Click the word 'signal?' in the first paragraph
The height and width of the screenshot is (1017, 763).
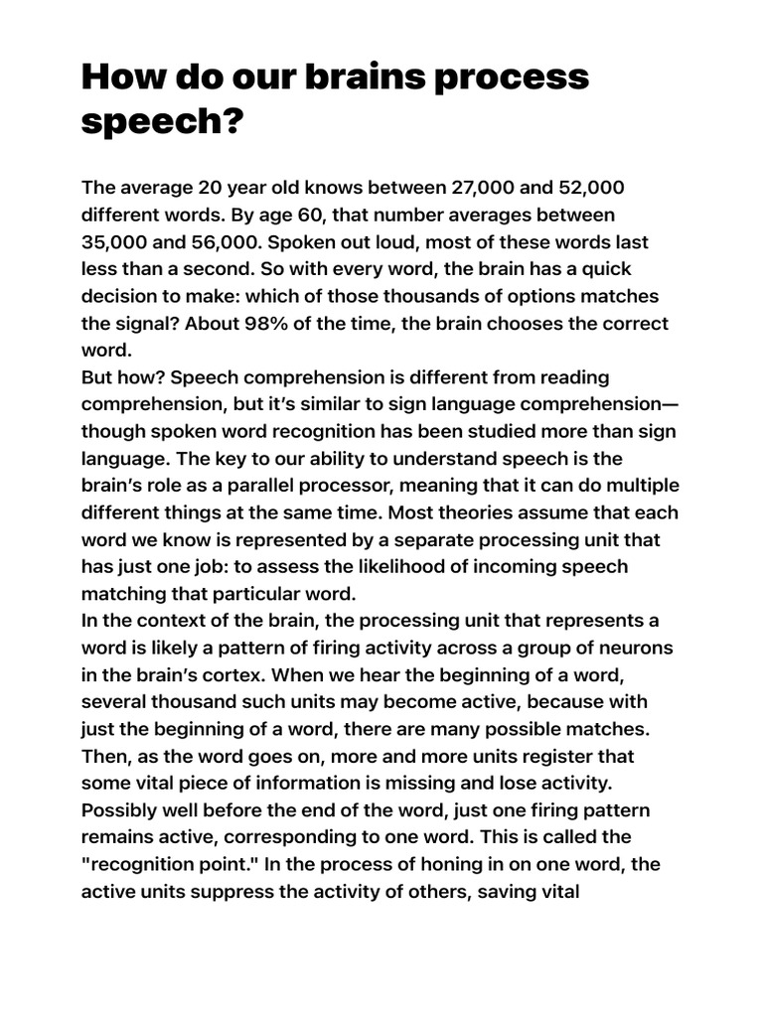point(152,324)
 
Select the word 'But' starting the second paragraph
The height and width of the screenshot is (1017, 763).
point(98,377)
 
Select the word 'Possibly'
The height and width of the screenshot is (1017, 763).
point(119,809)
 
